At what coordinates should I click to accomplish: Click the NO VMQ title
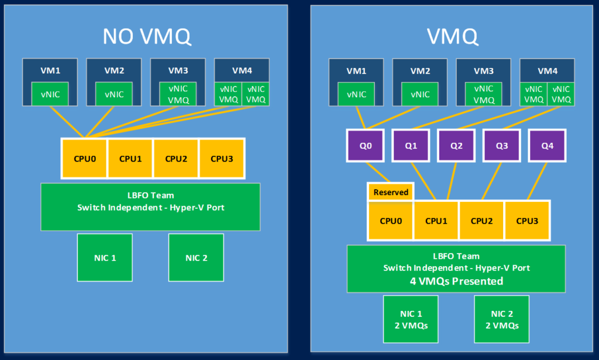pos(147,37)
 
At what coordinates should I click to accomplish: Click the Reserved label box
pos(391,192)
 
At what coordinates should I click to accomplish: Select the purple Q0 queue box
pos(365,146)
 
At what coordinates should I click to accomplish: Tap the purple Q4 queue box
pos(547,146)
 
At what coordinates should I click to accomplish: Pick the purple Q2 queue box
pos(456,146)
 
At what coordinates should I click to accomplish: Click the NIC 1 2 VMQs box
pos(411,319)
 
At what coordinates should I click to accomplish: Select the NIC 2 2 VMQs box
pos(501,319)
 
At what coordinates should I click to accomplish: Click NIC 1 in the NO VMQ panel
pos(105,258)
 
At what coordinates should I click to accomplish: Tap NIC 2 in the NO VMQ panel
pos(196,258)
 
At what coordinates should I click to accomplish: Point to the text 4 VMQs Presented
pos(456,282)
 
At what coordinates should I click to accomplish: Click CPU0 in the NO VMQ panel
pos(84,159)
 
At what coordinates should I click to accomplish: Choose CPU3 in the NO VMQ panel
pos(222,159)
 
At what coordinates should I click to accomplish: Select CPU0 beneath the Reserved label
pos(391,221)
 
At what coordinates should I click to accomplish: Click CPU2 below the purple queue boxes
pos(481,221)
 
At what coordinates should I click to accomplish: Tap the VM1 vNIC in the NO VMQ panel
pos(50,94)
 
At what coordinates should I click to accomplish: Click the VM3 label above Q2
pos(484,71)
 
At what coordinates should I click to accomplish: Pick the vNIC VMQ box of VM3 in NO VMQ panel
pos(178,94)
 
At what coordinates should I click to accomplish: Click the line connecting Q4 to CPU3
pos(537,181)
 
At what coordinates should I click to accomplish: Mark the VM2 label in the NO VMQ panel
pos(114,70)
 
